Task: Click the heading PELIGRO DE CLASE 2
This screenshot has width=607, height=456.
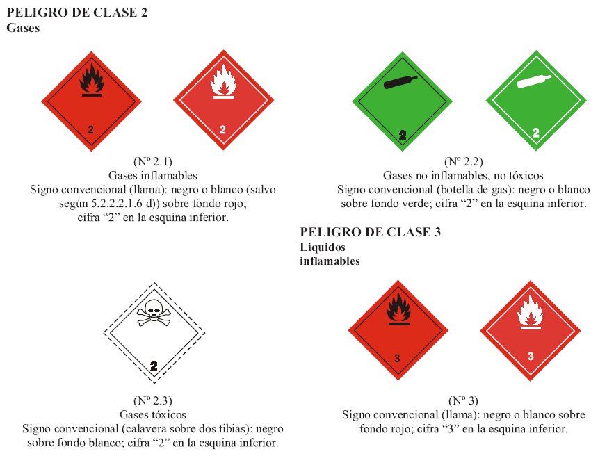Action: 77,13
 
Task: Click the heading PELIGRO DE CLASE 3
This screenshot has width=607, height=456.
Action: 371,232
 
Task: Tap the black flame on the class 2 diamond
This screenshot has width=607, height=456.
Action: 92,79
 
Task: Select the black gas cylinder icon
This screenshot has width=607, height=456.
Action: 400,83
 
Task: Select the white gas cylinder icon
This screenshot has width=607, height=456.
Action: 534,81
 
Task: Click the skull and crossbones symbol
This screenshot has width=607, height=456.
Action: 154,312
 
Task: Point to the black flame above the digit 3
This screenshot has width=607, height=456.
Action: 398,308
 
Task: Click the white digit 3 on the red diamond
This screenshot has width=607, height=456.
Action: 531,356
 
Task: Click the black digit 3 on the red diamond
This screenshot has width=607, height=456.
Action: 397,358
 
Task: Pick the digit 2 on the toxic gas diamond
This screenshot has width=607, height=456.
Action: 154,366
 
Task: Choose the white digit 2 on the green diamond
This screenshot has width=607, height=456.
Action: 536,133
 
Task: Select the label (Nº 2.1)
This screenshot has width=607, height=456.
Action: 153,161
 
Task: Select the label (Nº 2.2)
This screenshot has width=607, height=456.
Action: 463,161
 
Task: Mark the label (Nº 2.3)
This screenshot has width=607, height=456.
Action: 153,400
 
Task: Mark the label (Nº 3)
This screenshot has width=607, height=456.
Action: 463,400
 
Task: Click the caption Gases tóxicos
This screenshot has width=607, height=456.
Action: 153,414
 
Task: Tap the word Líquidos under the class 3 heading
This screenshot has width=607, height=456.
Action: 323,247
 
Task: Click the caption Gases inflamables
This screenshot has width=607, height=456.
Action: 153,175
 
